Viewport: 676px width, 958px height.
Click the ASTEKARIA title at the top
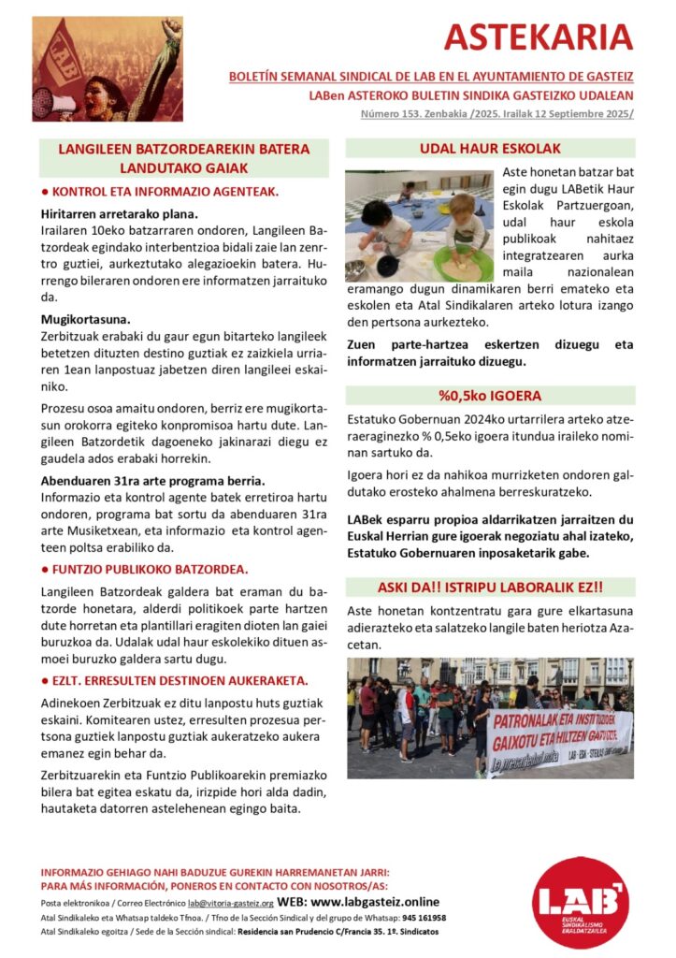pos(538,36)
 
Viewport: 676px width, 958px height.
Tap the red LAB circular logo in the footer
pos(580,903)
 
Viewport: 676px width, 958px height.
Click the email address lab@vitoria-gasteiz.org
pos(230,904)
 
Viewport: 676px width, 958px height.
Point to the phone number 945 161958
pos(424,918)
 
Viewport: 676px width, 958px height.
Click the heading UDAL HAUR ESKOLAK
pos(491,149)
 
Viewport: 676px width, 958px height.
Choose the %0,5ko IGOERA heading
pos(491,395)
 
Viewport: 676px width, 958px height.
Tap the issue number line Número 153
pos(496,113)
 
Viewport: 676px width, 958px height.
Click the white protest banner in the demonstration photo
pos(559,740)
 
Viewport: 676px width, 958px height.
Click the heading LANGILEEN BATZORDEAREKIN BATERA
pos(183,149)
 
